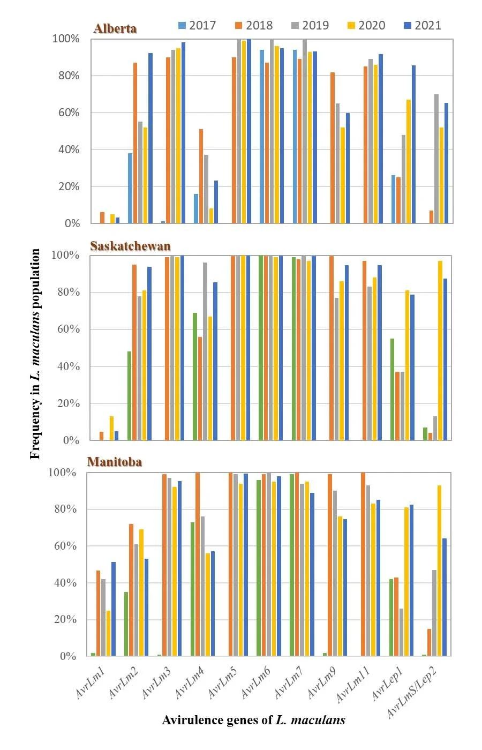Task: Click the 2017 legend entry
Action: [197, 25]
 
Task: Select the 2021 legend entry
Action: [423, 25]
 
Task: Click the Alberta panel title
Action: [115, 28]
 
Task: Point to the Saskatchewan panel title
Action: [130, 246]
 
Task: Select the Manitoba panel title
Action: [114, 462]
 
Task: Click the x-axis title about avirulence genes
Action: [253, 720]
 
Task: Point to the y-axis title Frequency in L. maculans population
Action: [35, 354]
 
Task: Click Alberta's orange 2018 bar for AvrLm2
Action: [135, 142]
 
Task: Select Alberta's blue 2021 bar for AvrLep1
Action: [413, 144]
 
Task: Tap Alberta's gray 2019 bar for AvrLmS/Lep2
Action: [436, 159]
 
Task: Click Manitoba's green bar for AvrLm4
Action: [193, 589]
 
